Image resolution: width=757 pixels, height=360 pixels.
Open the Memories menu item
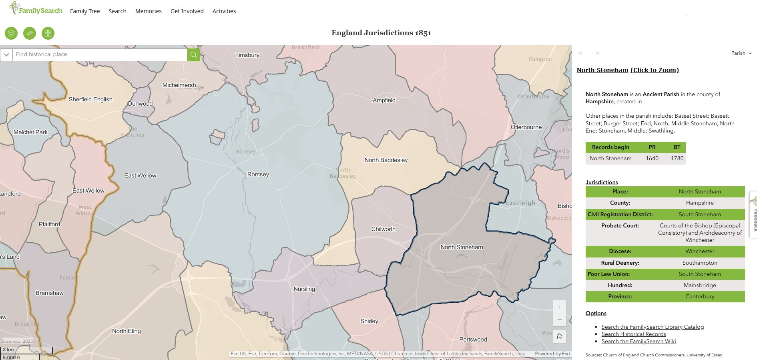[148, 11]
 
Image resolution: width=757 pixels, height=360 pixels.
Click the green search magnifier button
[193, 54]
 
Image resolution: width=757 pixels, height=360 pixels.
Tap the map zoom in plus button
[560, 307]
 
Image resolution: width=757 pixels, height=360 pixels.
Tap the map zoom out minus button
[560, 320]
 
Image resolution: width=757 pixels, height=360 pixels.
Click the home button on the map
[560, 336]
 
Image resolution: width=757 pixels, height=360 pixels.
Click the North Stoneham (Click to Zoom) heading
[627, 70]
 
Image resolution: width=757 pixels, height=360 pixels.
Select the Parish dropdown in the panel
[741, 53]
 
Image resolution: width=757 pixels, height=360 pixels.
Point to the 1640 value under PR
[652, 159]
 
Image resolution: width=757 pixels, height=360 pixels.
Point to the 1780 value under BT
[677, 159]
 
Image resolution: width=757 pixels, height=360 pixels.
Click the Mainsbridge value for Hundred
[699, 286]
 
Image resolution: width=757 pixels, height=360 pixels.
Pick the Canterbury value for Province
[699, 297]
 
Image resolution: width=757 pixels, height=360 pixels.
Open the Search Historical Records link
[633, 334]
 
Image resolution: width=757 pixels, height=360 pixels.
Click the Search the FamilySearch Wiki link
[638, 342]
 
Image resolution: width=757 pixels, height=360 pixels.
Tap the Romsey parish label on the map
[258, 175]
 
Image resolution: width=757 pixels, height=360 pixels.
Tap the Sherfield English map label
[90, 100]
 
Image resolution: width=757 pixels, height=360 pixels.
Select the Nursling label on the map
[304, 289]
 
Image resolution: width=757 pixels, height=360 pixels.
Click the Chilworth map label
[383, 229]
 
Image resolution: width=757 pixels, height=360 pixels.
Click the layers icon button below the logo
[11, 33]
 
